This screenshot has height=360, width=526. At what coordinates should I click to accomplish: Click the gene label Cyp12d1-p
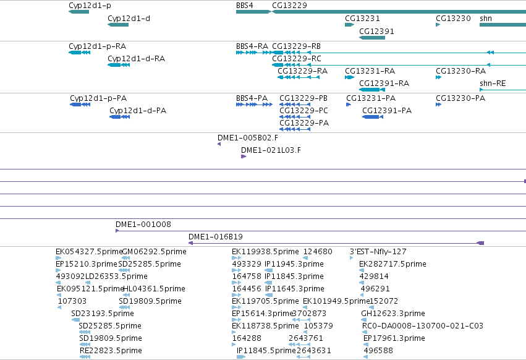click(x=90, y=6)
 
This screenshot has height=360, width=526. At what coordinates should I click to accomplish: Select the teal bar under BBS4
click(x=253, y=12)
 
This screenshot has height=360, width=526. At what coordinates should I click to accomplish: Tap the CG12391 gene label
click(x=376, y=31)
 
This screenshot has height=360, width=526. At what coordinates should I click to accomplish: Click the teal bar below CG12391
click(x=372, y=38)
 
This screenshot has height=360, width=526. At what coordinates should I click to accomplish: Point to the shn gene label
click(x=486, y=18)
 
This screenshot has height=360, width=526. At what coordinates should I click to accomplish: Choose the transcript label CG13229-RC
click(x=297, y=58)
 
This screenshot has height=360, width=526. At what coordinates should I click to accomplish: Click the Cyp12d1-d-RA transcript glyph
click(x=119, y=65)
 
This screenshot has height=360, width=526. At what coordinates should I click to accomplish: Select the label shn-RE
click(x=493, y=84)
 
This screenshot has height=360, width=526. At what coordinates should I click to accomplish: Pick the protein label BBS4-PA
click(x=252, y=98)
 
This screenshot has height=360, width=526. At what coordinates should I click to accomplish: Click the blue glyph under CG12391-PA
click(x=373, y=117)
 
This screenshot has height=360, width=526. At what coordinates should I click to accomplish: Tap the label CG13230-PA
click(x=460, y=98)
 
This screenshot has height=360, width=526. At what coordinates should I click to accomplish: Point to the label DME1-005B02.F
click(x=248, y=138)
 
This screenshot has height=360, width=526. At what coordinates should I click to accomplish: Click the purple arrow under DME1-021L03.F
click(x=244, y=156)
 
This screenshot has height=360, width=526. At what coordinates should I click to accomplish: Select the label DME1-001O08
click(x=143, y=224)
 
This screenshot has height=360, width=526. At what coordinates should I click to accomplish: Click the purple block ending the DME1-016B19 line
click(x=480, y=243)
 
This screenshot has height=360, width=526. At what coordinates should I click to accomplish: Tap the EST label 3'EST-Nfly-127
click(x=378, y=252)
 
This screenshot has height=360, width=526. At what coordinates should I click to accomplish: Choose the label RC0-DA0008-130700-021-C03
click(x=423, y=326)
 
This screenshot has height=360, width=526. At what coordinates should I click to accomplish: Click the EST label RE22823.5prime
click(x=111, y=351)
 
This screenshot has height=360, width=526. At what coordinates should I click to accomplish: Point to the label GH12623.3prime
click(x=393, y=314)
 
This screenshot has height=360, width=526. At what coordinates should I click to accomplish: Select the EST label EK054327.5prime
click(x=89, y=252)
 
